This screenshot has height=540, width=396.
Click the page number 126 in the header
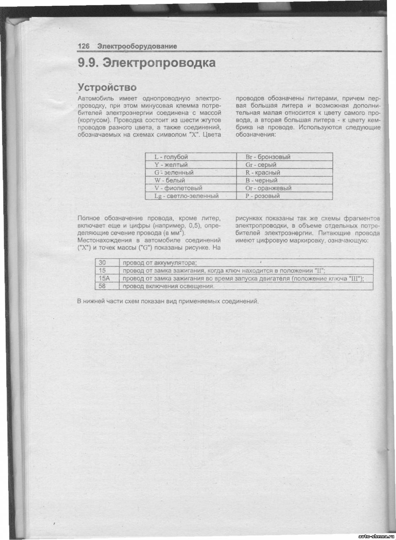click(84, 46)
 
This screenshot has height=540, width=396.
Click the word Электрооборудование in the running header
click(137, 46)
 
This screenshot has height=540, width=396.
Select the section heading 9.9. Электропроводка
click(147, 63)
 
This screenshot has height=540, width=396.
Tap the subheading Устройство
click(107, 88)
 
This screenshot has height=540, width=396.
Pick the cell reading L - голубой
click(171, 157)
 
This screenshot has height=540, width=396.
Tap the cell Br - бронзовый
click(268, 157)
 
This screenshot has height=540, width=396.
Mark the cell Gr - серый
click(261, 165)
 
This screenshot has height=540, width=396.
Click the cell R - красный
click(263, 173)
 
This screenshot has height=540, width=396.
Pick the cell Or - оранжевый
click(269, 188)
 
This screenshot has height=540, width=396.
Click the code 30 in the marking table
click(102, 263)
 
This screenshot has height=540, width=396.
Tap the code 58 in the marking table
click(102, 286)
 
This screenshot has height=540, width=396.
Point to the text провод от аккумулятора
click(159, 263)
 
